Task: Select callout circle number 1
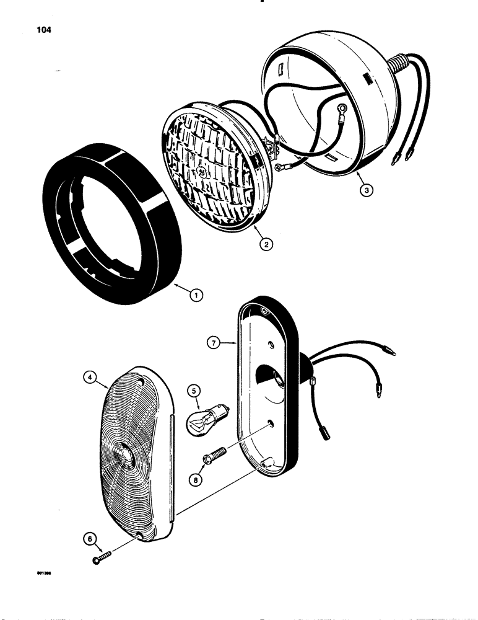[x=195, y=296]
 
